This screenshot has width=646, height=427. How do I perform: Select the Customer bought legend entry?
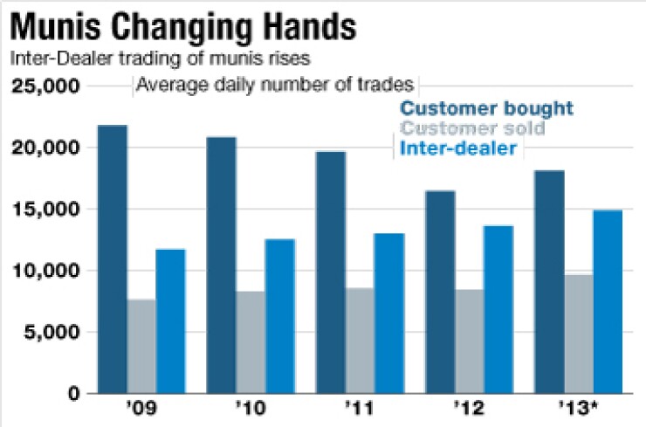[x=486, y=109]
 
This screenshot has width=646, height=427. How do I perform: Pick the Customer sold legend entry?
[x=472, y=129]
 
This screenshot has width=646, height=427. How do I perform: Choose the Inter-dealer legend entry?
[x=457, y=148]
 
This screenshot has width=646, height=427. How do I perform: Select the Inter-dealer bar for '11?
[x=389, y=313]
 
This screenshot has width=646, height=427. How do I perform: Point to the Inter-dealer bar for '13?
[x=608, y=301]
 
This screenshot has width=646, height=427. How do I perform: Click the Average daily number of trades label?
[x=276, y=86]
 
